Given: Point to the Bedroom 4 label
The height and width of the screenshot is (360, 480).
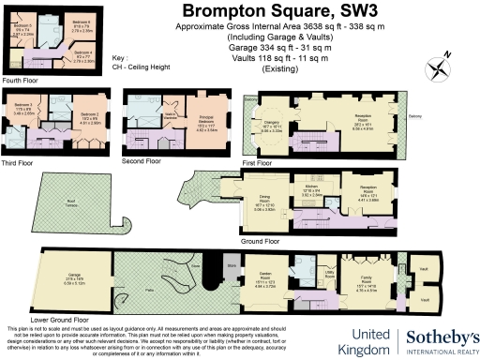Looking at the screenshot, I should coord(82,53).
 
